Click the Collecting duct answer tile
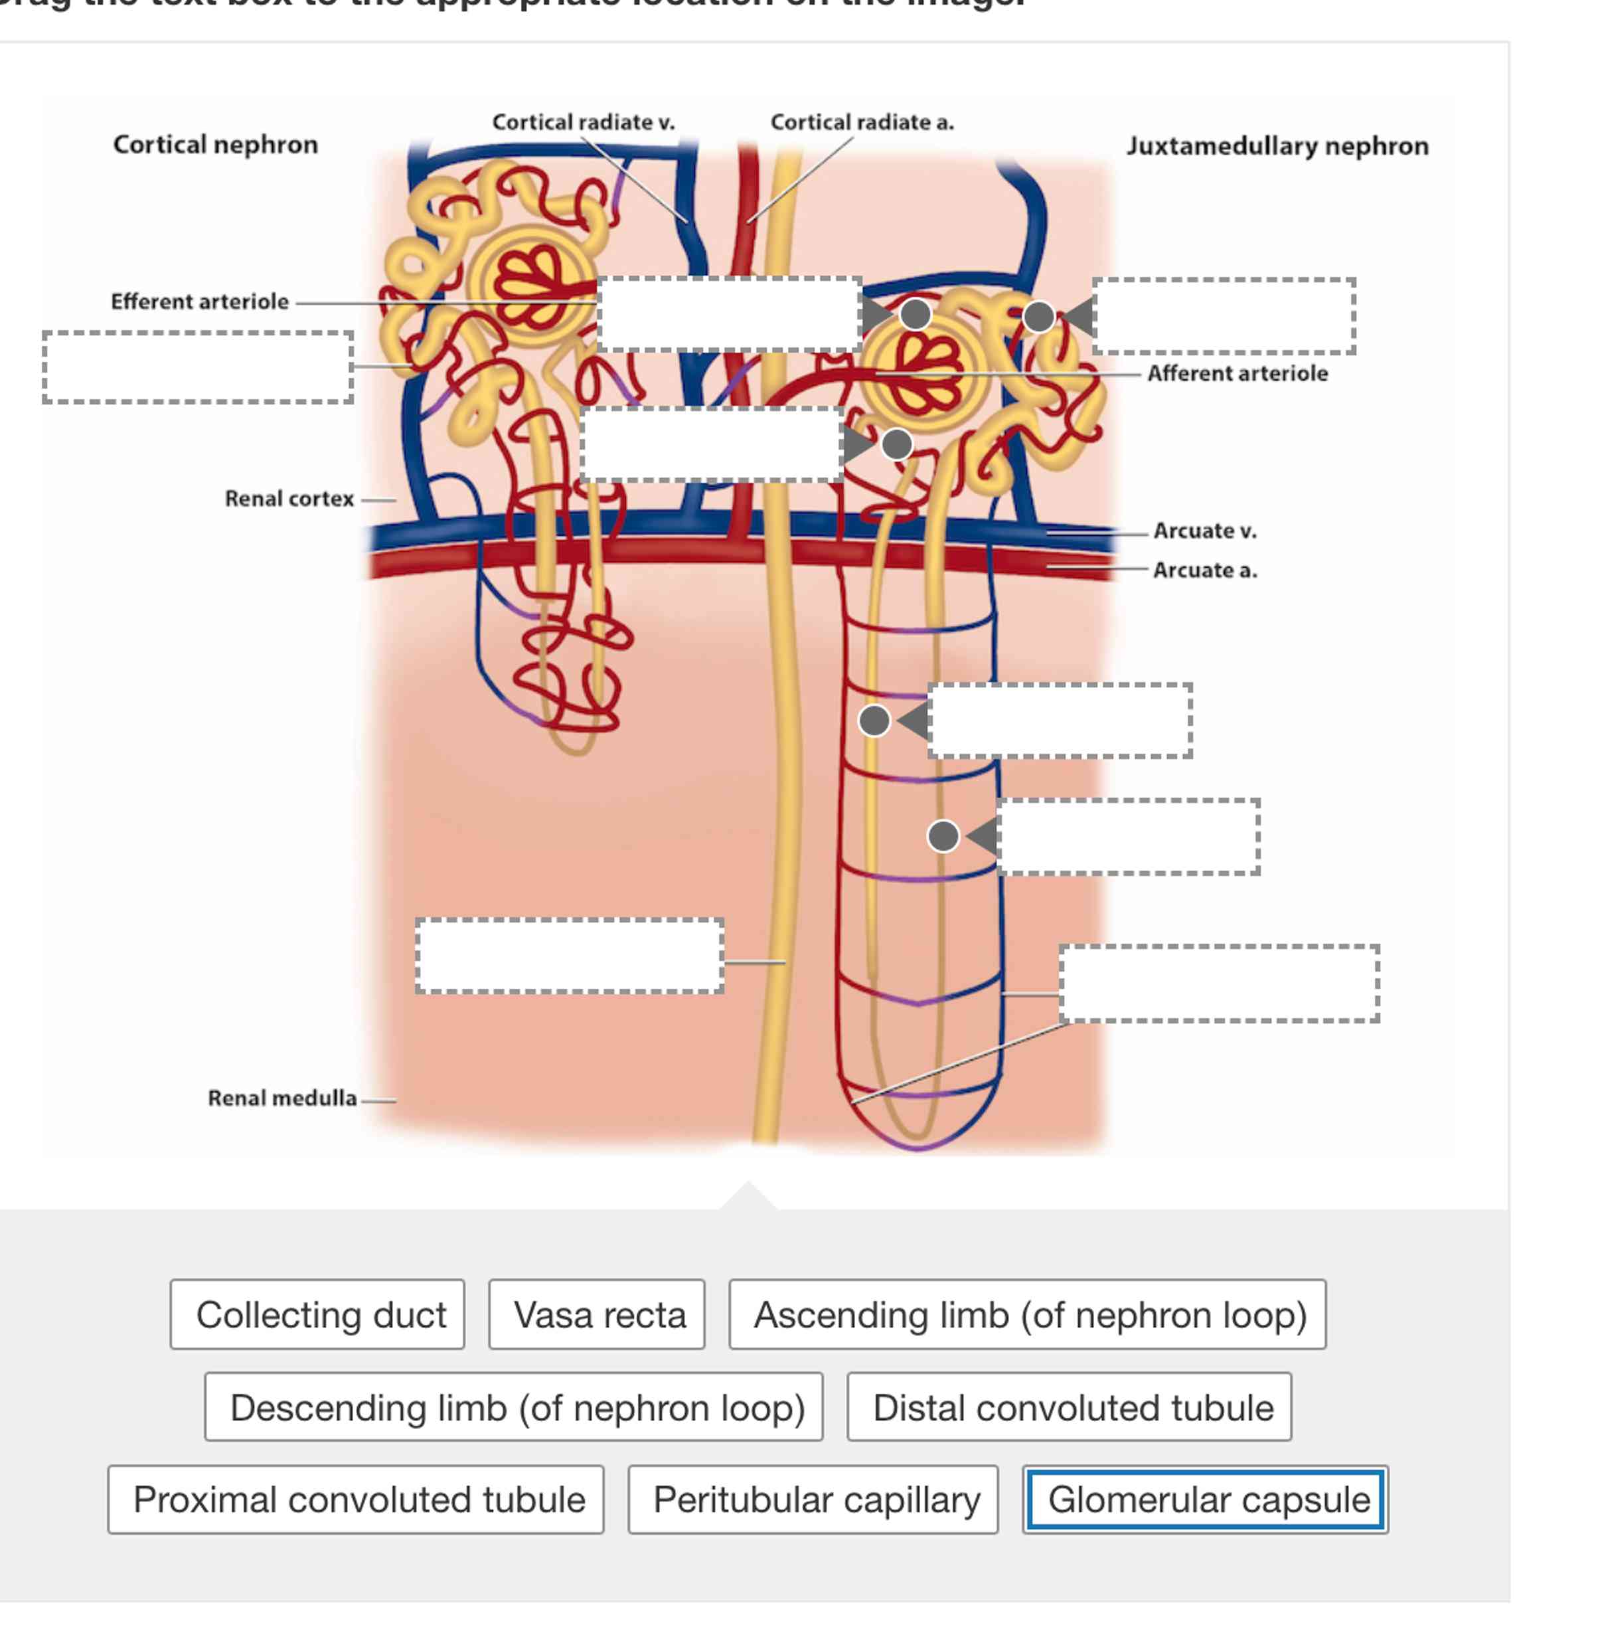point(317,1314)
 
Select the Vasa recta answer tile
point(597,1314)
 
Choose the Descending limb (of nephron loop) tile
point(513,1407)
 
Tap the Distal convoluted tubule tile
point(1069,1407)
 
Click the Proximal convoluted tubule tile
point(356,1500)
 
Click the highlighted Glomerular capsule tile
point(1205,1500)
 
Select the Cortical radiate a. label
point(862,123)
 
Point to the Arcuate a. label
point(1204,570)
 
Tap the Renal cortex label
point(289,499)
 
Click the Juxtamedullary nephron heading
point(1277,146)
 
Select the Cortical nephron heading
point(215,145)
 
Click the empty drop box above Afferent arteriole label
point(1224,316)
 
